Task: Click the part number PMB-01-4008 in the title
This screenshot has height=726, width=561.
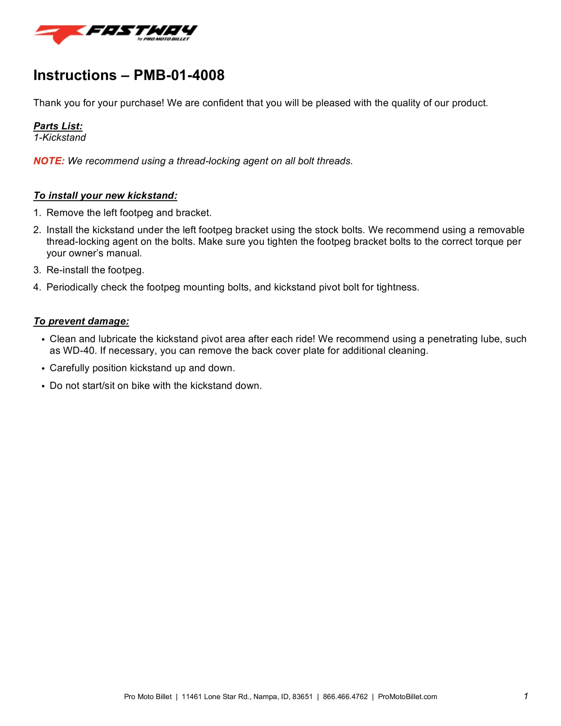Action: [x=179, y=75]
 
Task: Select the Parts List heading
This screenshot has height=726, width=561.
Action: [x=58, y=126]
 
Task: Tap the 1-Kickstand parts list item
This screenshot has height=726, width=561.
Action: [x=60, y=137]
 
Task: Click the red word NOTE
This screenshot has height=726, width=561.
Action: [x=49, y=161]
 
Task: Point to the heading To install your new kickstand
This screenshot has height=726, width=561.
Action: [x=106, y=195]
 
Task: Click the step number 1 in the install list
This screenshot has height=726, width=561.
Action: [x=37, y=213]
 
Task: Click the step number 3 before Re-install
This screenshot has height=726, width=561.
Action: [x=37, y=270]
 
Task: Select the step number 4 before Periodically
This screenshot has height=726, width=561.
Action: [x=37, y=287]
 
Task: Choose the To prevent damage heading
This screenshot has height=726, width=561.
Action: [x=81, y=321]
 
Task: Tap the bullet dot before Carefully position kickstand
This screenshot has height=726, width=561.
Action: [x=43, y=369]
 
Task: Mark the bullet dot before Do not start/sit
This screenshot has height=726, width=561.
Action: [x=43, y=386]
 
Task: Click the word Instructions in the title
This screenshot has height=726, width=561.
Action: [x=75, y=75]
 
